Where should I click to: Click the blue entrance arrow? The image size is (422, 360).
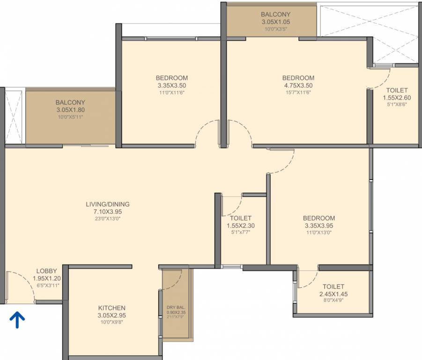coord(17,320)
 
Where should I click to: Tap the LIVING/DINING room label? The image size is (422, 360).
coord(107,204)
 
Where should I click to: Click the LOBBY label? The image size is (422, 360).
coord(46,271)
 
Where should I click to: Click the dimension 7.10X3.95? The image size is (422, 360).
coord(107,211)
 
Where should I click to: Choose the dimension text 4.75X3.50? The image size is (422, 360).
coord(298,85)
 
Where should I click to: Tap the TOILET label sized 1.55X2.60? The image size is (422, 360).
coord(397,90)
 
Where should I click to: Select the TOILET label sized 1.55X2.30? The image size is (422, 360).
coord(241,218)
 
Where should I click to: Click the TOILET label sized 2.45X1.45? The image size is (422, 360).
coord(333,287)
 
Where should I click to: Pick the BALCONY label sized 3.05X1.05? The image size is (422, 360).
coord(276,15)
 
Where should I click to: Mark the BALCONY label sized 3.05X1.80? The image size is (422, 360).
coord(70,103)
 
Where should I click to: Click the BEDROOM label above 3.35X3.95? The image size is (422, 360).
coord(318,218)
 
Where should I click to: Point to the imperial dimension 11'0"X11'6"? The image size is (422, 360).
coord(171,92)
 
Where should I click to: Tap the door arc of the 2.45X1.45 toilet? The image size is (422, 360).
coord(308,280)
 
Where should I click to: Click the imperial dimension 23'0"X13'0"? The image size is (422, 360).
coord(107,218)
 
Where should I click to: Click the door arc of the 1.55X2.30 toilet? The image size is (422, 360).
coord(233,204)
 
